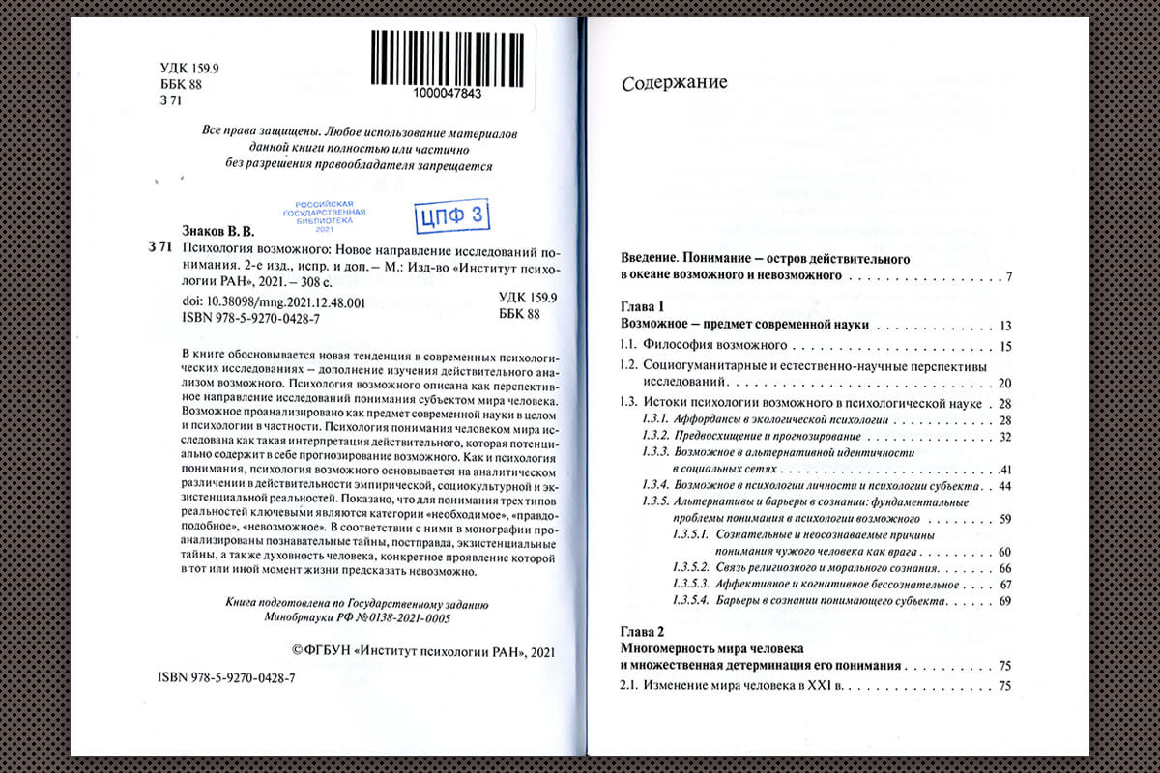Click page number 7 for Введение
pyautogui.click(x=1007, y=277)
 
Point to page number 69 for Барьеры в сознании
pyautogui.click(x=1003, y=601)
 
